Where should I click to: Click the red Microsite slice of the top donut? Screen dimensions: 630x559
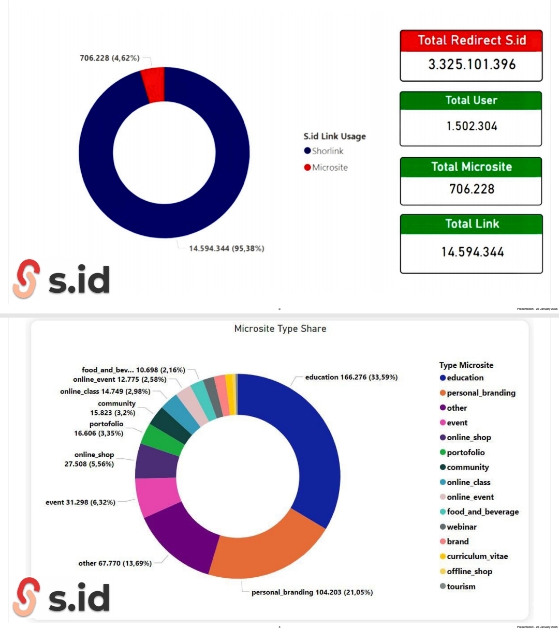click(x=154, y=85)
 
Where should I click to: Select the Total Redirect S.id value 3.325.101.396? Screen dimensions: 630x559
click(x=472, y=65)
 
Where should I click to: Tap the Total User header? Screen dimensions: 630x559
click(x=471, y=100)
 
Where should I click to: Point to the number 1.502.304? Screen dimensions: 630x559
click(x=472, y=126)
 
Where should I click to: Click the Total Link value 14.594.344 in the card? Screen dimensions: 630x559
click(x=472, y=252)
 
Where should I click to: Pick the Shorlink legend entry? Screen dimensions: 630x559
click(x=327, y=151)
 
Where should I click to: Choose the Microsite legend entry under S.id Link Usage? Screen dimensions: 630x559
click(x=329, y=168)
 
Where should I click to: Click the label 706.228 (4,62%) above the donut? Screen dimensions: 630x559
click(x=109, y=58)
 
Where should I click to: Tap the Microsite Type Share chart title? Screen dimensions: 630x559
click(x=280, y=328)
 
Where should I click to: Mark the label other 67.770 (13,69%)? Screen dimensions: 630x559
click(x=115, y=563)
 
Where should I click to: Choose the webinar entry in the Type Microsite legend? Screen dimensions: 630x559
click(x=461, y=527)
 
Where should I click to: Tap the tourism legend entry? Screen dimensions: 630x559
click(x=461, y=587)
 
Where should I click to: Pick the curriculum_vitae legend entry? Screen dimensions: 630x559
click(x=477, y=557)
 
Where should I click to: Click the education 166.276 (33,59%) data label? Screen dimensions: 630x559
click(x=351, y=377)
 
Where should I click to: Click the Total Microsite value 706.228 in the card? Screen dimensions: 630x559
click(x=472, y=189)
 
